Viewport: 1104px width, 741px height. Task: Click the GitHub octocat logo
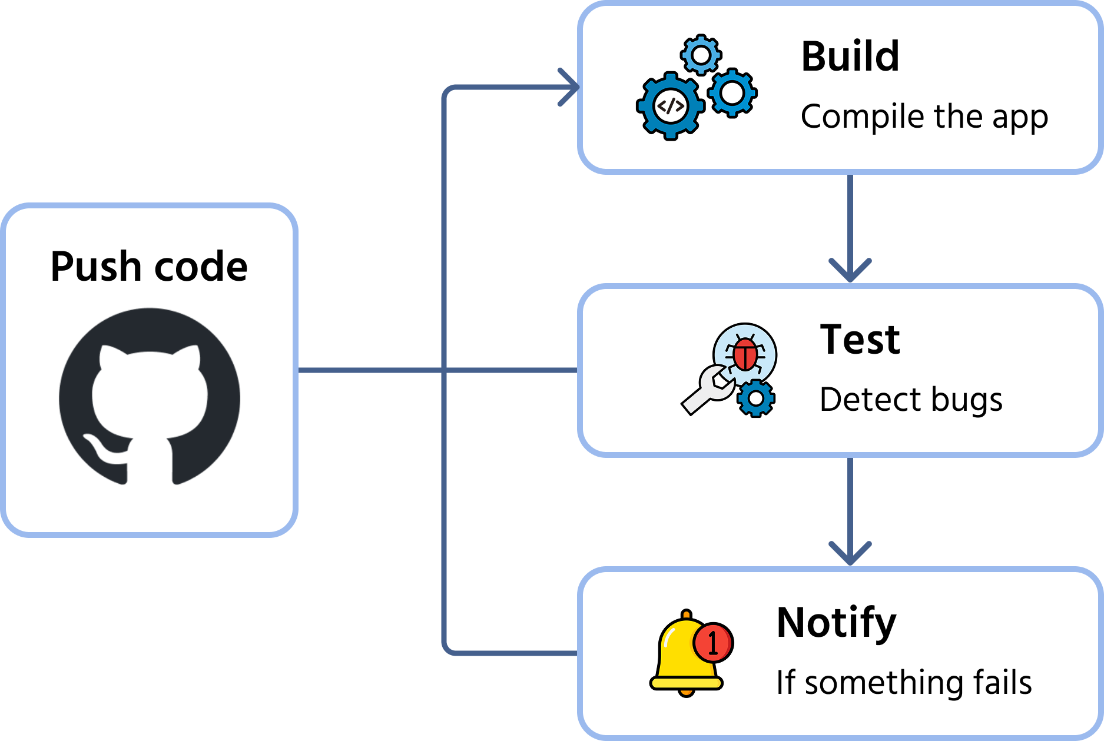pos(150,397)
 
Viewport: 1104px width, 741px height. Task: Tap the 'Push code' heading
pos(149,267)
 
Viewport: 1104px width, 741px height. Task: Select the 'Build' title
pos(850,57)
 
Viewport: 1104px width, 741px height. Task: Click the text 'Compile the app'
pos(924,117)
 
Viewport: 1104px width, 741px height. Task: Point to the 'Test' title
pos(860,340)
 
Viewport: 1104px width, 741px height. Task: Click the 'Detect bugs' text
pos(910,400)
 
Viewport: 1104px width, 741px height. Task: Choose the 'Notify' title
pos(836,623)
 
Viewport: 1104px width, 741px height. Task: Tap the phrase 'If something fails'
pos(904,683)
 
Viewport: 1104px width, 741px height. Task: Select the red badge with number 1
pos(713,642)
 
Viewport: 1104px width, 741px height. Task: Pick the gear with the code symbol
pos(670,107)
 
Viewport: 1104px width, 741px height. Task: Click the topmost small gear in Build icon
pos(701,55)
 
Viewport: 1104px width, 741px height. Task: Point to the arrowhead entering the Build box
pos(569,88)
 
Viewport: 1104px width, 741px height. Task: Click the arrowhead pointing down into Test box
pos(850,270)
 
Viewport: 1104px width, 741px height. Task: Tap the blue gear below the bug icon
pos(756,398)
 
